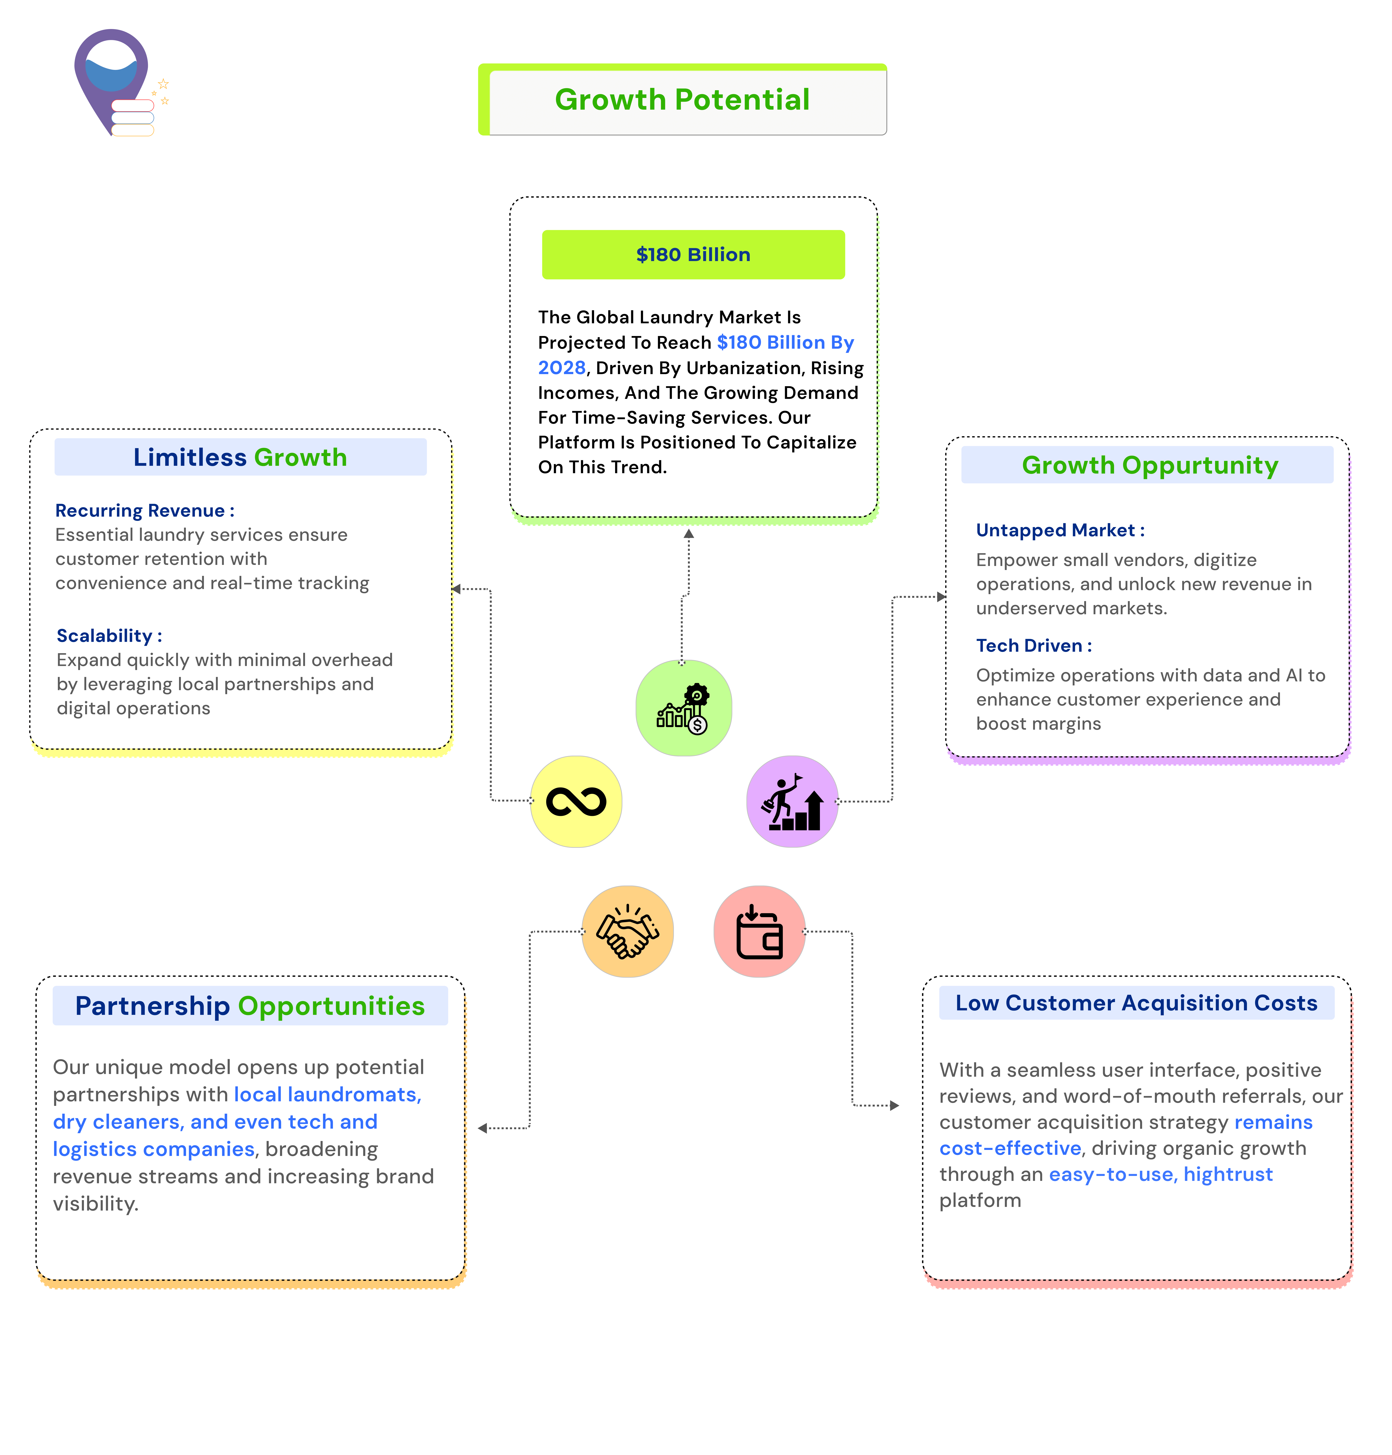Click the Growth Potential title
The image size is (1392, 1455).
pyautogui.click(x=682, y=99)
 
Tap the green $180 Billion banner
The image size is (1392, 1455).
pyautogui.click(x=693, y=254)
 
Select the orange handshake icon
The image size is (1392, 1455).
pyautogui.click(x=628, y=931)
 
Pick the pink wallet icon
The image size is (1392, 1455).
pyautogui.click(x=759, y=931)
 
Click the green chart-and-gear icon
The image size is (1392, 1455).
pyautogui.click(x=683, y=708)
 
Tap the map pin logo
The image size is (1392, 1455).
pyautogui.click(x=119, y=83)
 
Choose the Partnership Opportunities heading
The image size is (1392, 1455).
pyautogui.click(x=250, y=1006)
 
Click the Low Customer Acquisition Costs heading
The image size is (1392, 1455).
pyautogui.click(x=1136, y=1003)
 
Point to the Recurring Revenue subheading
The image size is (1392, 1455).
pyautogui.click(x=145, y=511)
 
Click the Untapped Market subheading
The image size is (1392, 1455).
pyautogui.click(x=1060, y=530)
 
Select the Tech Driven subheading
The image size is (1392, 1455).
pyautogui.click(x=1034, y=646)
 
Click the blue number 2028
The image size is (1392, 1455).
pyautogui.click(x=562, y=368)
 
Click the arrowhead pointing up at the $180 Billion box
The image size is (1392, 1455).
pyautogui.click(x=689, y=534)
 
